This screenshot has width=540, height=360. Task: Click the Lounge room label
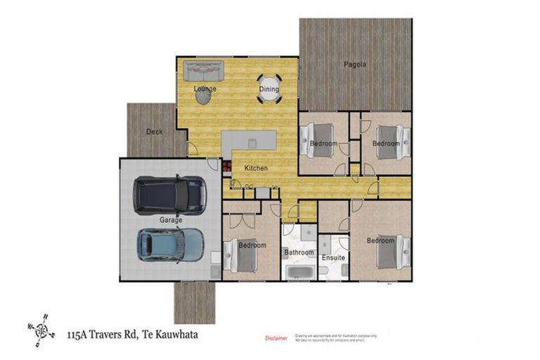coord(205,89)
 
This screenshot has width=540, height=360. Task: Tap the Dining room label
coord(269,89)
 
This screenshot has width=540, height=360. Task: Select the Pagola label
coord(355,65)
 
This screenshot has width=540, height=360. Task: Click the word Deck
coord(154,131)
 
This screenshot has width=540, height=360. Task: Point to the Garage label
coord(170,220)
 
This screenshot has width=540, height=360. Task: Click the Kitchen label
coord(256,169)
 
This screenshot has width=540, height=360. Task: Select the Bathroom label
coord(299,252)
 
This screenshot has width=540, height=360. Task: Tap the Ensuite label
coord(333,258)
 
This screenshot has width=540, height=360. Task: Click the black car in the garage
coord(170,195)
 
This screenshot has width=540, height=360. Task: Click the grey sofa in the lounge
coord(203,70)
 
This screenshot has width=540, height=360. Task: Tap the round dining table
coord(269,89)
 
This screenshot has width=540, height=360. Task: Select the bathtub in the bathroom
coord(300,271)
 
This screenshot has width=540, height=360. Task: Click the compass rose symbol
coord(40,327)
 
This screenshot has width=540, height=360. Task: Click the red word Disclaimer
coord(276,338)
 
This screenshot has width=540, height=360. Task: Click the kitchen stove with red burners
coord(227,167)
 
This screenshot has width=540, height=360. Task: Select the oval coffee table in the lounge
coord(202,97)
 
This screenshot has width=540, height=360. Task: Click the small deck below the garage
coord(195,302)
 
